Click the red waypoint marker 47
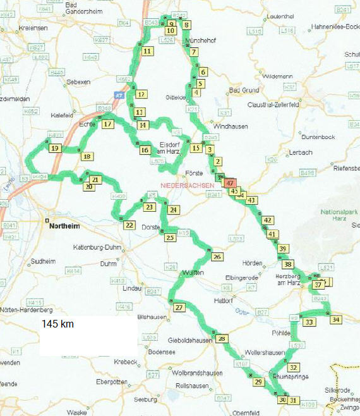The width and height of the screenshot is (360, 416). pos(229,182)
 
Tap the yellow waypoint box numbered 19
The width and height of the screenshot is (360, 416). pos(56,149)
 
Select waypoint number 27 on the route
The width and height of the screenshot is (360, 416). pos(179,308)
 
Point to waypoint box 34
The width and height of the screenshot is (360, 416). pos(335,319)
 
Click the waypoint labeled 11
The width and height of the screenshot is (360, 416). pos(147,51)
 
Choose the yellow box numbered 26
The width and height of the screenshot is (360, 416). pos(217,257)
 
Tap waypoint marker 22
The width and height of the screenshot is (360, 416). pos(129,225)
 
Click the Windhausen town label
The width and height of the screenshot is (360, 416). pos(231,126)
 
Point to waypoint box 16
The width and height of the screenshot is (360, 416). pos(145,150)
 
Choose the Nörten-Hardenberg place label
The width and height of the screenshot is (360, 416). pos(26,310)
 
